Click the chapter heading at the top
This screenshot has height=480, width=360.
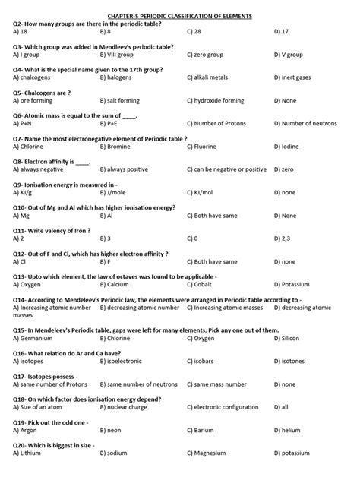pyautogui.click(x=179, y=15)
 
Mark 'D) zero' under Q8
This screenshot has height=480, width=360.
pyautogui.click(x=284, y=169)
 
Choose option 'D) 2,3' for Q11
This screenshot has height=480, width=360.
pyautogui.click(x=283, y=238)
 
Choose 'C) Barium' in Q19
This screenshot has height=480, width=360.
pyautogui.click(x=201, y=431)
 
